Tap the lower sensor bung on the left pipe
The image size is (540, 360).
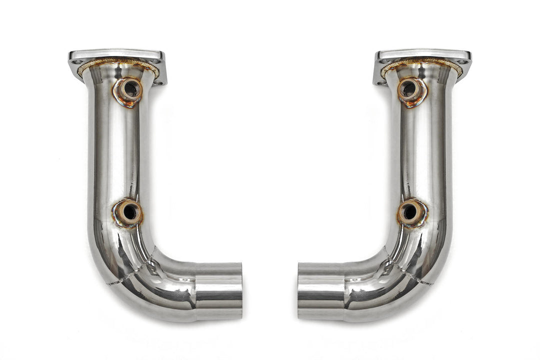coord(128,212)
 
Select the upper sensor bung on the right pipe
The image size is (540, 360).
coord(411,90)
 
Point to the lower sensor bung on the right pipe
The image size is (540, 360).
coord(411,212)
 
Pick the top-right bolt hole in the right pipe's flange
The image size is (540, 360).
coord(462,62)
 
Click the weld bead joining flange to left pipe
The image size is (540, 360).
coord(118,62)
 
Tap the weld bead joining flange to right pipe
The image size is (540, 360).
coord(422,62)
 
